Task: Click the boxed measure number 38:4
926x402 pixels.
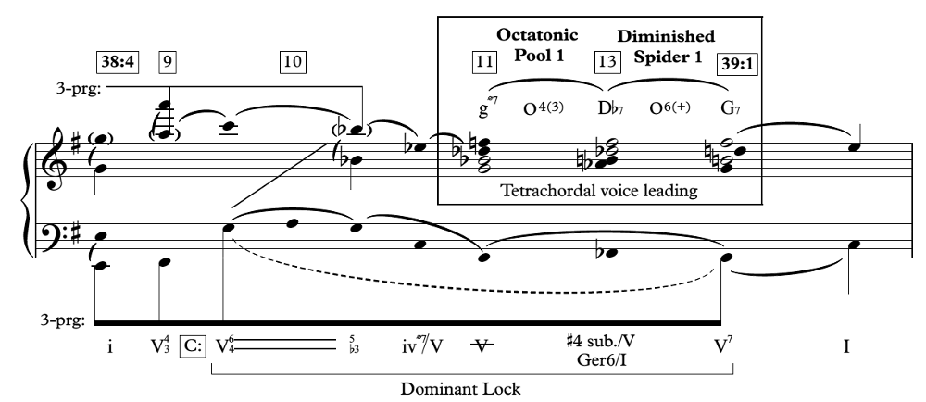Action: coord(119,62)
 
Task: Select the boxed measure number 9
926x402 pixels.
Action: coord(168,62)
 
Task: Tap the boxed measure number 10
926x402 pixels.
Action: coord(293,62)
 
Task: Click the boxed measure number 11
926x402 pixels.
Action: coord(483,62)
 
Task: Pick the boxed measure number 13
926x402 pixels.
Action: coord(607,62)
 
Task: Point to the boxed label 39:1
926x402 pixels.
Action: coord(737,64)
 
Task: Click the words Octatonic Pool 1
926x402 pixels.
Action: coord(537,44)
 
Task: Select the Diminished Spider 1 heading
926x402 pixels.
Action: coord(666,46)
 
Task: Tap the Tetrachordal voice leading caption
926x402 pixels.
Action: coord(599,191)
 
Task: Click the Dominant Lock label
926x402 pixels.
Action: coord(460,389)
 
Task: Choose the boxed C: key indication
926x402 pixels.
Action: coord(194,346)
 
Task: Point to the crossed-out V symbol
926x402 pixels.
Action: coord(482,346)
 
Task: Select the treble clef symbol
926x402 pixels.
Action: coord(55,159)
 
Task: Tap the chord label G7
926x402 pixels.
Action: coord(732,108)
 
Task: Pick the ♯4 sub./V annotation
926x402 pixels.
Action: coord(599,342)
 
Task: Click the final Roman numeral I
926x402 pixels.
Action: coord(846,346)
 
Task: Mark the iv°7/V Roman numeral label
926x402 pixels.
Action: coord(421,345)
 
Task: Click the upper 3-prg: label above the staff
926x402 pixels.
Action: coord(79,89)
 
